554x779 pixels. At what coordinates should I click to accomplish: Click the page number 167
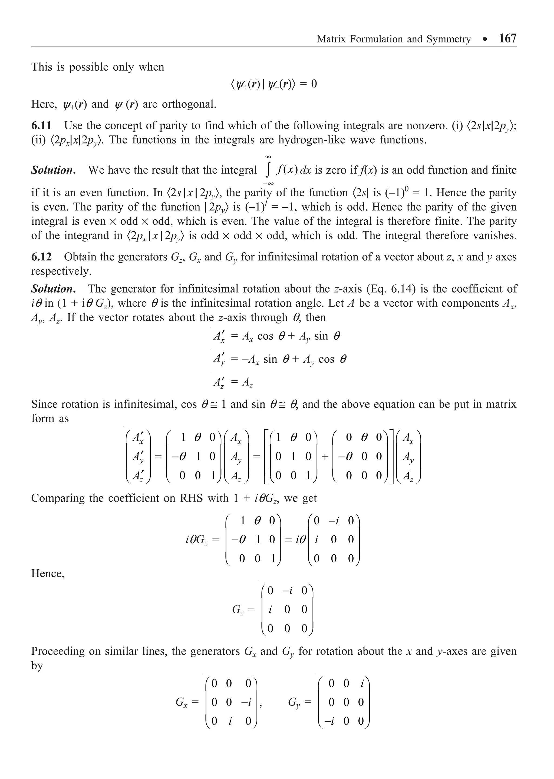point(507,38)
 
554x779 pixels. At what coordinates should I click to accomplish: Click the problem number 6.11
point(41,125)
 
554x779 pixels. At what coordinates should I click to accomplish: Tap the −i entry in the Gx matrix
point(245,702)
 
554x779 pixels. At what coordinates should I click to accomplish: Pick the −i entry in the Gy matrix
point(329,721)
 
